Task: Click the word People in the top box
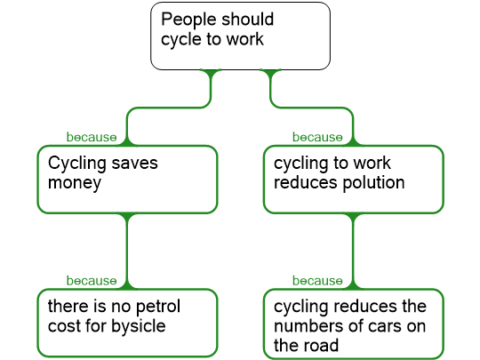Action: coord(188,20)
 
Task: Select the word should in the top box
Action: coord(247,19)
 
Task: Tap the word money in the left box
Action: coord(75,183)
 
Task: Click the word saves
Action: coord(135,164)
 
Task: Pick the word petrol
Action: coord(158,307)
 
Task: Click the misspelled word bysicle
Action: coord(139,326)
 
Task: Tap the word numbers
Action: coord(308,325)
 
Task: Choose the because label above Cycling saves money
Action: coord(92,137)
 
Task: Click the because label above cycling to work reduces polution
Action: coord(317,137)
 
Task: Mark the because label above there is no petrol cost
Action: coord(92,281)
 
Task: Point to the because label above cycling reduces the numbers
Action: coord(317,281)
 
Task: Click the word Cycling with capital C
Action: coord(77,164)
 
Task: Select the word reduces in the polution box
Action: coord(306,183)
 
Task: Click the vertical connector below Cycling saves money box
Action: coord(127,251)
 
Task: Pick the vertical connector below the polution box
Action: coord(353,251)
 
